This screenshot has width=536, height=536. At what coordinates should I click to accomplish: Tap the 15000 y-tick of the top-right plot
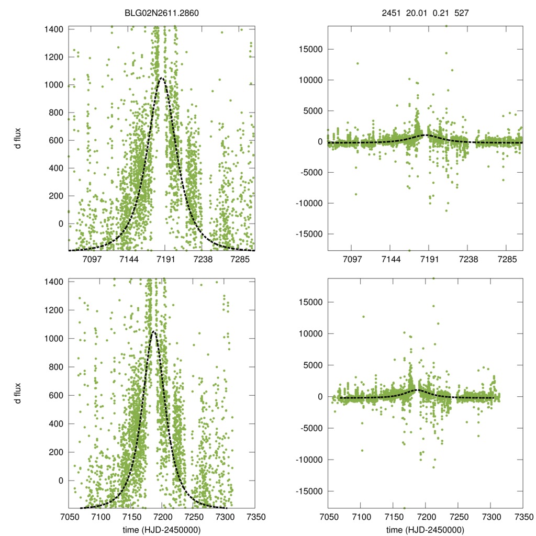308,49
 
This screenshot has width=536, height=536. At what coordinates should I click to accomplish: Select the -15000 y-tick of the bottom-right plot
307,492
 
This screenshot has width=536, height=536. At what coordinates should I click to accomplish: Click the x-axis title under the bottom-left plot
161,530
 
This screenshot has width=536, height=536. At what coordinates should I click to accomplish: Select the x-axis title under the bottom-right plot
425,530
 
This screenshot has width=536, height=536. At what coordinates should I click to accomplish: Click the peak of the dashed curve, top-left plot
162,78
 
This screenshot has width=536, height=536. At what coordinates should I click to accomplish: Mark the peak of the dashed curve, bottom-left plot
153,331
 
